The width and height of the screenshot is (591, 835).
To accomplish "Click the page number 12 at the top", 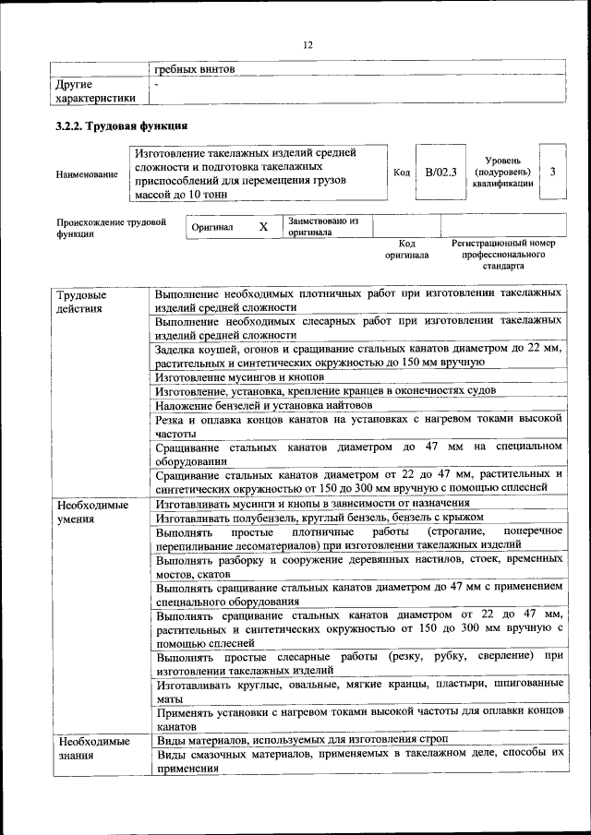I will [x=308, y=44].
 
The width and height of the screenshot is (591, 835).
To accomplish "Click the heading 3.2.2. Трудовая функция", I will [x=122, y=126].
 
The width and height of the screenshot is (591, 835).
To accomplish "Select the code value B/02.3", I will [x=440, y=172].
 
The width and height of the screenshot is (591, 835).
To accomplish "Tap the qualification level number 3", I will [x=552, y=172].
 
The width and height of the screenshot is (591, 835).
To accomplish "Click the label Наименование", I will [x=87, y=173].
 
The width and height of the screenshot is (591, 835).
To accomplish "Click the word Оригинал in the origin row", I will [x=212, y=227].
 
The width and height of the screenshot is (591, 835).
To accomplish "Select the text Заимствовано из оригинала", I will [x=322, y=227].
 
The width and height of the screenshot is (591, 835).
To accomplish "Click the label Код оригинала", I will [x=407, y=248].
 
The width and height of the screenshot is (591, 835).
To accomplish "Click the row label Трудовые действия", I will [x=81, y=301].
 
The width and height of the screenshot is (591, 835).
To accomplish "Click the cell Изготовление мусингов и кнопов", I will [x=240, y=378].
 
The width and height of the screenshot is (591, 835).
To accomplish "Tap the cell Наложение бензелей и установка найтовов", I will [x=264, y=405].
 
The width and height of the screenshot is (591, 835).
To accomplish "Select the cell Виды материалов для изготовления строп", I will [x=302, y=741].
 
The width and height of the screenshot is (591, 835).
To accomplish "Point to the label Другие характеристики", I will [x=95, y=90].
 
